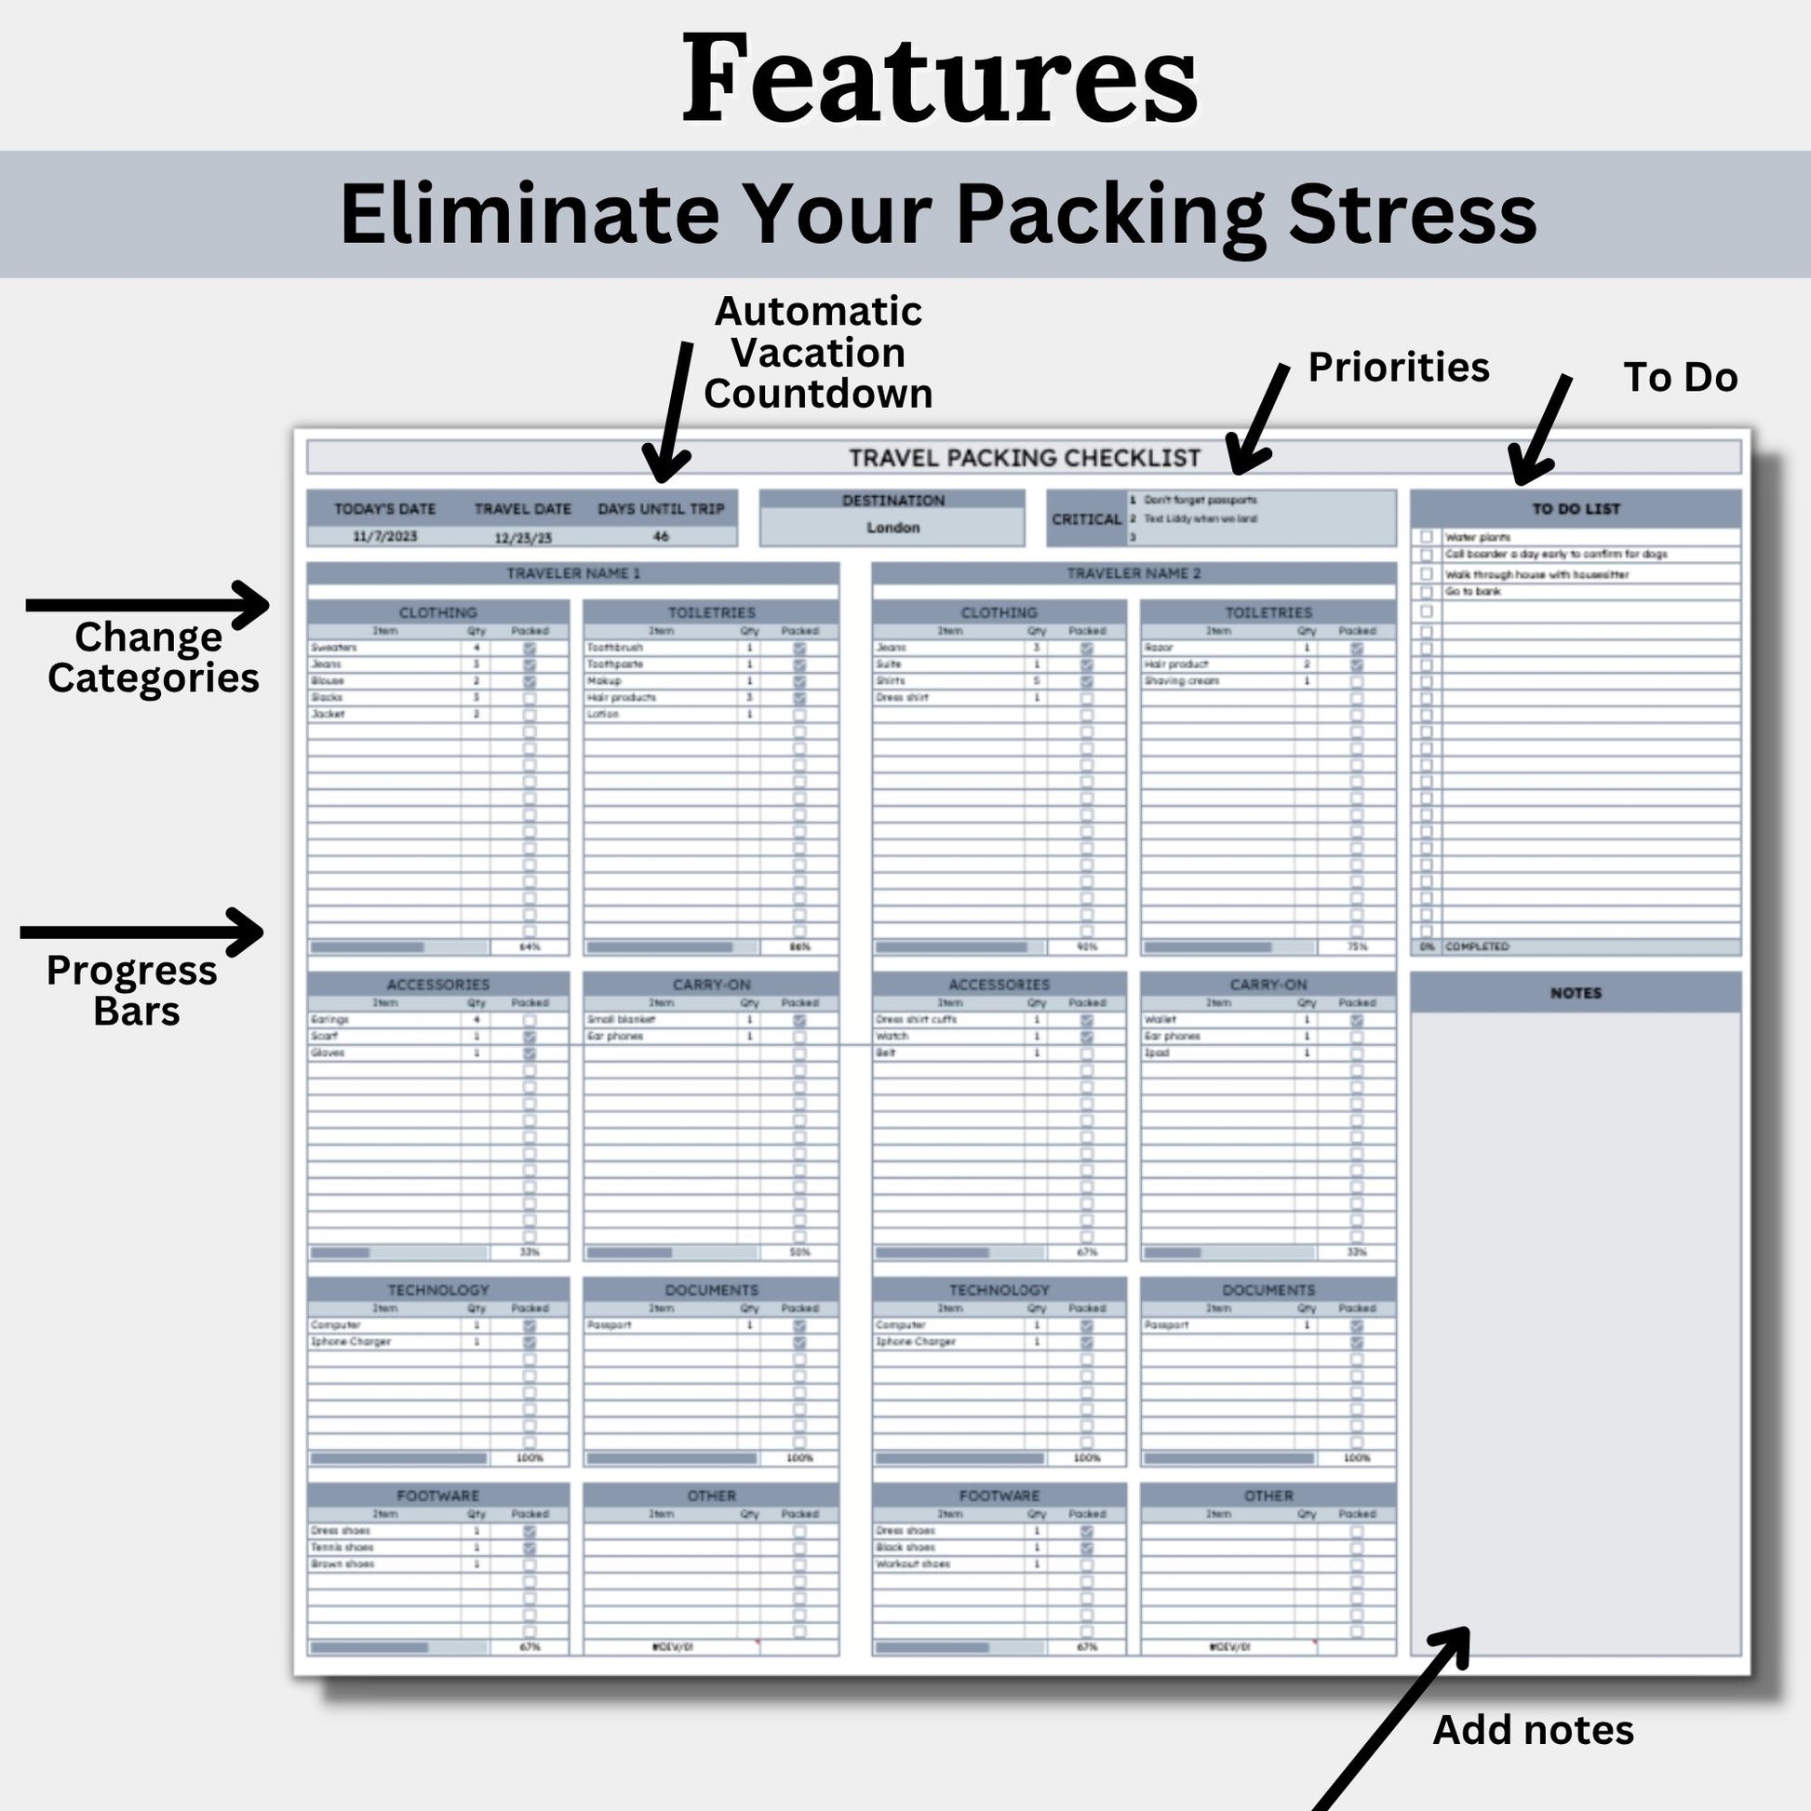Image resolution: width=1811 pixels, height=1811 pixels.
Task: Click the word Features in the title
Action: click(x=939, y=79)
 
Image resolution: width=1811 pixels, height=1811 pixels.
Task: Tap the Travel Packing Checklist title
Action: click(x=1024, y=459)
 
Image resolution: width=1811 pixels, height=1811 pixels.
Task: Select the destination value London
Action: click(x=892, y=528)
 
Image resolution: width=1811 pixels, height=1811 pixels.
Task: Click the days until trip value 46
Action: click(x=661, y=536)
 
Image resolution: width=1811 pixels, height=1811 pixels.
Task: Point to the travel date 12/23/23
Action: click(x=523, y=538)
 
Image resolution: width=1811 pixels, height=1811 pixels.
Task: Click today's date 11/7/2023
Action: click(x=384, y=536)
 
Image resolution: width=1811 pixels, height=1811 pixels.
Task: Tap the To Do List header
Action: click(x=1576, y=509)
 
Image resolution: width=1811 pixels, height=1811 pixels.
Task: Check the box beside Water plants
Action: click(x=1427, y=537)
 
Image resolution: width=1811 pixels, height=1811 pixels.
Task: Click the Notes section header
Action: click(x=1576, y=993)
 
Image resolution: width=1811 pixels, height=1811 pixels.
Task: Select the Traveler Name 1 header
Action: click(x=572, y=572)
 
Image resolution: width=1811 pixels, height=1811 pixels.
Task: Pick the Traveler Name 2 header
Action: click(x=1134, y=572)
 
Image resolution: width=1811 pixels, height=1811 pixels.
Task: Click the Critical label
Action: click(x=1086, y=519)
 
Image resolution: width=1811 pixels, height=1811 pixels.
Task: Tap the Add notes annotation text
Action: click(x=1533, y=1730)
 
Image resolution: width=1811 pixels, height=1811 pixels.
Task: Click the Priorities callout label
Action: click(x=1398, y=368)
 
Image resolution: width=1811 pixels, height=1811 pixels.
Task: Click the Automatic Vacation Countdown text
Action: click(x=818, y=353)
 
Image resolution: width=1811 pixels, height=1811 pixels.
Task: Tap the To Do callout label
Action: click(x=1680, y=378)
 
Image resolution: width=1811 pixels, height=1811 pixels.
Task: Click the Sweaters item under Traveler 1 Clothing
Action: click(x=334, y=648)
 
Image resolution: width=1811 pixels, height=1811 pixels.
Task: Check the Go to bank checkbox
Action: click(x=1427, y=593)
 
